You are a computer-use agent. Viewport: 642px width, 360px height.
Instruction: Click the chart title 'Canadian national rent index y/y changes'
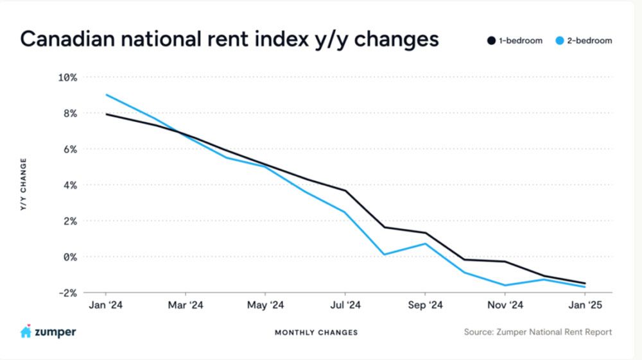tap(230, 40)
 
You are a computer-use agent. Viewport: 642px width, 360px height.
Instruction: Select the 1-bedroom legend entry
tap(514, 40)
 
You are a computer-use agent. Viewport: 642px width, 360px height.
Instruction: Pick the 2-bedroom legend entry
tap(584, 40)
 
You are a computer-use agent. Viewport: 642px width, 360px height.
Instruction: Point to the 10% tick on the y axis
tap(67, 78)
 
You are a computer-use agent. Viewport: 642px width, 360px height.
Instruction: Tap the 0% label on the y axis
tap(69, 257)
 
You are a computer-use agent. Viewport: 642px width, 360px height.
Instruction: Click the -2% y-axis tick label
tap(67, 293)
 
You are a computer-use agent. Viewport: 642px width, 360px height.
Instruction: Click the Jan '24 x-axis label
tap(105, 305)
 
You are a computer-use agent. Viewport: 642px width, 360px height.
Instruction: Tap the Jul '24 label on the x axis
tap(345, 305)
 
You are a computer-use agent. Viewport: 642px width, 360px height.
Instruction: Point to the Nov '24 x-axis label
tap(505, 305)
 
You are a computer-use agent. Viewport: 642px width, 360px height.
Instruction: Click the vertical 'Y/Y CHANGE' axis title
tap(23, 185)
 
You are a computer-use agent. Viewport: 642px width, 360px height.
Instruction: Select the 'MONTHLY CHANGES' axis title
tap(317, 332)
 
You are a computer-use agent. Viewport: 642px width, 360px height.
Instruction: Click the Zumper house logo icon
tap(26, 332)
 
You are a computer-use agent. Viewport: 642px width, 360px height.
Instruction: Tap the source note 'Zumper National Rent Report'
tap(537, 332)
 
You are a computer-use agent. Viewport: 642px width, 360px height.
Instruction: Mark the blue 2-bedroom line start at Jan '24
tap(106, 95)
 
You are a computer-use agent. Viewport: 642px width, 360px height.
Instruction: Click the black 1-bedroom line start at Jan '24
tap(106, 114)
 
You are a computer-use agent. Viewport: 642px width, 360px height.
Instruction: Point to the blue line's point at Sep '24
tap(425, 244)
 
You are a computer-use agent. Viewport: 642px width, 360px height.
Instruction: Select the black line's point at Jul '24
tap(345, 191)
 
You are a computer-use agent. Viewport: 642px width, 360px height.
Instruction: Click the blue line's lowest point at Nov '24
tap(505, 286)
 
